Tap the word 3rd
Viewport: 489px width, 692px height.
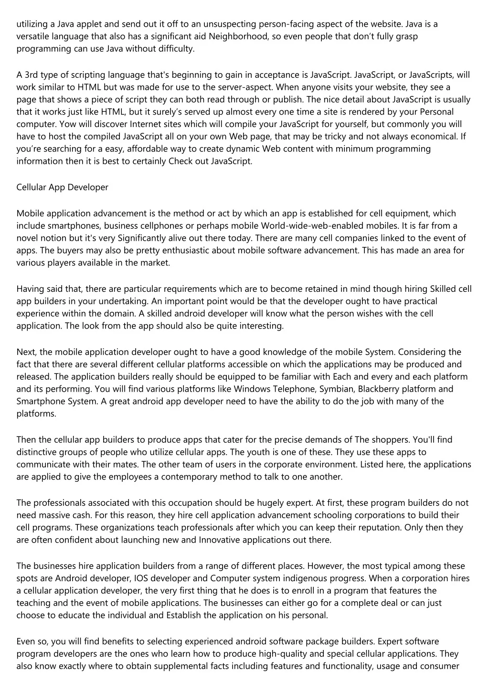click(32, 75)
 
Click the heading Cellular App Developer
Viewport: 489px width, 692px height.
click(62, 187)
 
